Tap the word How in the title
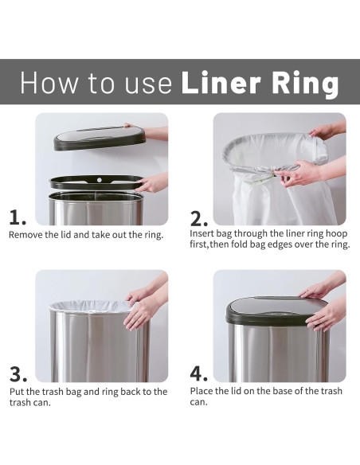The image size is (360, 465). pos(49,82)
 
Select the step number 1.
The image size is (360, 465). pos(18,217)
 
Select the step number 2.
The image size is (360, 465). pos(198,219)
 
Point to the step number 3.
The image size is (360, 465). pos(18,374)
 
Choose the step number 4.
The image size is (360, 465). pos(198,373)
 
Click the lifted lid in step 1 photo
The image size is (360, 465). pos(99,138)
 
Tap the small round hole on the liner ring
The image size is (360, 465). pos(99,180)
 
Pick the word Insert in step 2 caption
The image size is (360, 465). pos(202,233)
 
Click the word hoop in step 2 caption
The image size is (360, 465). pos(337,234)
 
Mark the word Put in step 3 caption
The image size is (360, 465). pos(17,392)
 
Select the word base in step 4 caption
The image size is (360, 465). pos(283,391)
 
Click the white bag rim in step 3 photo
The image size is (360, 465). pos(91,307)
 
